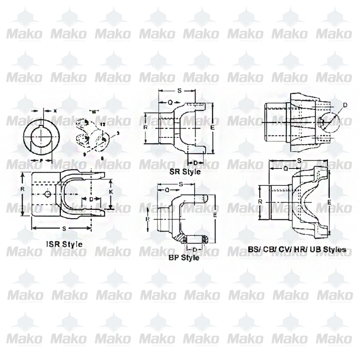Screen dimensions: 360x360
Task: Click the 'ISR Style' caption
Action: point(64,244)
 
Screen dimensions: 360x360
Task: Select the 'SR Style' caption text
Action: point(185,172)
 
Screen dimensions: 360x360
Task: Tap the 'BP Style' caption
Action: point(184,258)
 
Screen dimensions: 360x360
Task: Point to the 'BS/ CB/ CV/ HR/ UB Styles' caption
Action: point(297,249)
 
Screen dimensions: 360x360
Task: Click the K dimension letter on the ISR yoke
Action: point(111,193)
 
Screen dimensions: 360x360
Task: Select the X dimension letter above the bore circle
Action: point(55,111)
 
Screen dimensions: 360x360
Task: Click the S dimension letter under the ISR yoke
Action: point(64,228)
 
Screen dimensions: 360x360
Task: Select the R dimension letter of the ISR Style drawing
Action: point(23,189)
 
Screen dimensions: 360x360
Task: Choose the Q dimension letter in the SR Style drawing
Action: point(170,102)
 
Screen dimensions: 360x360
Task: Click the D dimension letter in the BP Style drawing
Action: point(195,249)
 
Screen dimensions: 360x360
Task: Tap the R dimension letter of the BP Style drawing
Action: point(147,219)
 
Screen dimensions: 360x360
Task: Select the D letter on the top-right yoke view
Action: point(345,105)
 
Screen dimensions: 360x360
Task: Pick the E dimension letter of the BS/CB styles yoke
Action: point(329,203)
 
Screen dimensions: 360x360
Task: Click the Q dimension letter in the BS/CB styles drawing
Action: point(285,168)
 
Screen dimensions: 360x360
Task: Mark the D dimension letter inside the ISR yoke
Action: point(91,199)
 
